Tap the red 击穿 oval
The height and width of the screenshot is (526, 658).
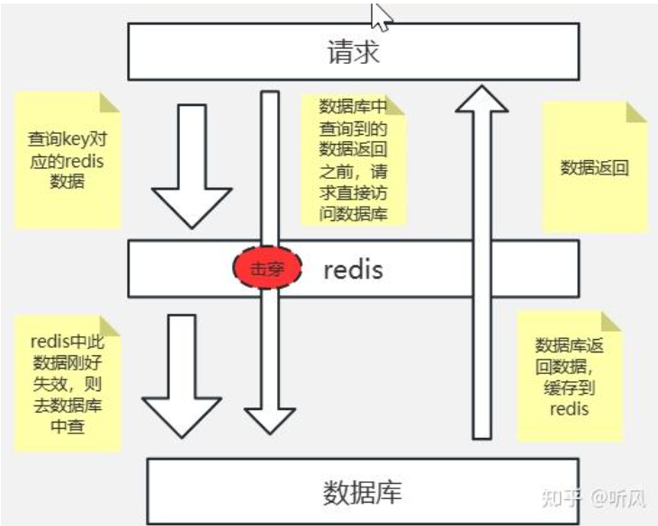point(266,268)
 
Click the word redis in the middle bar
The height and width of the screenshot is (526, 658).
point(353,268)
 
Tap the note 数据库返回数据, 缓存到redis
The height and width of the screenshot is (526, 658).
point(569,377)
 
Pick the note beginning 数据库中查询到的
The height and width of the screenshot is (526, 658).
point(353,158)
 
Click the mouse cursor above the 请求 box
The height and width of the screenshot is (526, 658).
point(381,15)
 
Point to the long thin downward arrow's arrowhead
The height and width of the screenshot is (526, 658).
point(270,418)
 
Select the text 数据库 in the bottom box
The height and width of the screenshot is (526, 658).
point(361,492)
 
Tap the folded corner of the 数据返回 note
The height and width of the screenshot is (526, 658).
point(636,112)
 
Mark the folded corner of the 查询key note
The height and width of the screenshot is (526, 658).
point(111,101)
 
